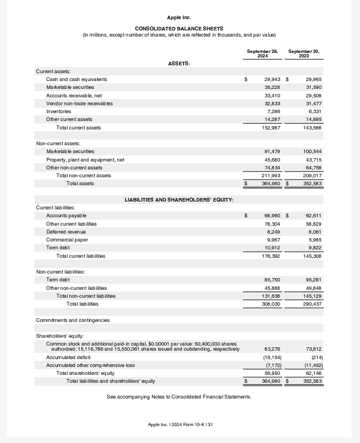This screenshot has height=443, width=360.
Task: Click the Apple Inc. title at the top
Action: tap(179, 18)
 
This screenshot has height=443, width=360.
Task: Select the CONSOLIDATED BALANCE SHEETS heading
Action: tap(179, 29)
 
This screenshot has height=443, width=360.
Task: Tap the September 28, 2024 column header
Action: tap(263, 53)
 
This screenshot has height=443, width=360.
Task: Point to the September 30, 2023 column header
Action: tap(304, 53)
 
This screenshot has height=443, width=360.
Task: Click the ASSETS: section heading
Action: tap(179, 64)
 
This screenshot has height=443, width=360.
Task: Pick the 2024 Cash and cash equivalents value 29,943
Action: tap(272, 79)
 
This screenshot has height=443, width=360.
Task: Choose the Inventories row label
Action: tap(59, 111)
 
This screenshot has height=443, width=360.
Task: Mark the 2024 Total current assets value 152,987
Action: tap(271, 128)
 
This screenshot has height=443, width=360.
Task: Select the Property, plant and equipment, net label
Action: tap(85, 160)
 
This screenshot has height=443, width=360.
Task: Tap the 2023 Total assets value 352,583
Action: tap(312, 184)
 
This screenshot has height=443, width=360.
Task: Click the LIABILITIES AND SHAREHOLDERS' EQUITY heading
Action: tap(179, 200)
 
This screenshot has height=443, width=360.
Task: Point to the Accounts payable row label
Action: tap(66, 216)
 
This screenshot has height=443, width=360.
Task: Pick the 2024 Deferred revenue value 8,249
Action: tap(273, 232)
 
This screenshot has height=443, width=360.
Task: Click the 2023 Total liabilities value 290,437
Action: tap(312, 304)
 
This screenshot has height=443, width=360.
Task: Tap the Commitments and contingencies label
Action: tap(73, 320)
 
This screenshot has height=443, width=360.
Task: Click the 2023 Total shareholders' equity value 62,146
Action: tap(313, 373)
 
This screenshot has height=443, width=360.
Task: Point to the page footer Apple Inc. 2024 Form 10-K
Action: tap(180, 424)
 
